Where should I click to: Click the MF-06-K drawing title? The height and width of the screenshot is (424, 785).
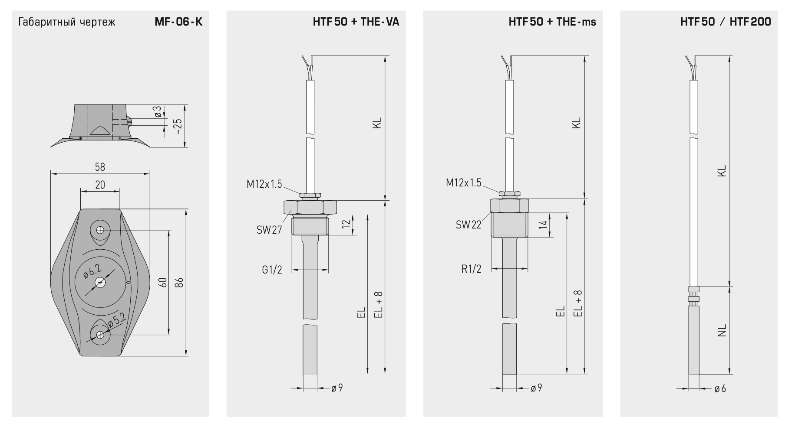[x=178, y=22]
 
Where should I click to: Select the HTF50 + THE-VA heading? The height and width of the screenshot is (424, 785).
[x=356, y=22]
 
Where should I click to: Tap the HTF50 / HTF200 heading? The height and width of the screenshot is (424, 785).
[x=726, y=22]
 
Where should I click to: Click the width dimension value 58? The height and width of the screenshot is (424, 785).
[x=100, y=167]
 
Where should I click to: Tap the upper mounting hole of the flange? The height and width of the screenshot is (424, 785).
[x=100, y=230]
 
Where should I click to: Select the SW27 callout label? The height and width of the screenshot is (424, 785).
[x=269, y=230]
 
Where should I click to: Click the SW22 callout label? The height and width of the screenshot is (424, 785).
[x=468, y=225]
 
